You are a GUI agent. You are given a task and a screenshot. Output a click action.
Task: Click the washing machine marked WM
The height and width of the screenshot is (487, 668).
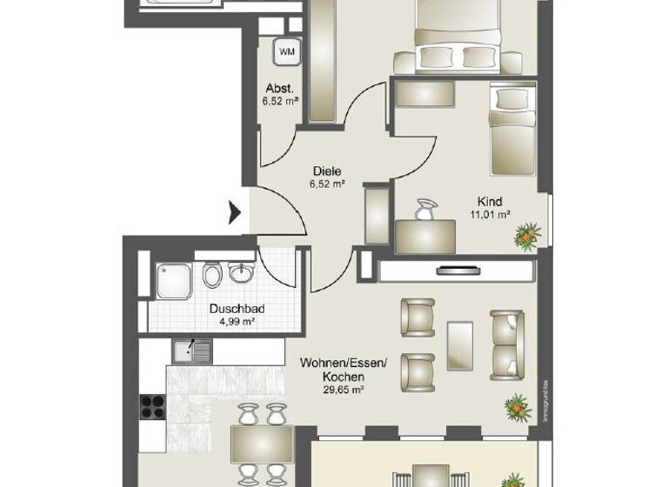(x=286, y=52)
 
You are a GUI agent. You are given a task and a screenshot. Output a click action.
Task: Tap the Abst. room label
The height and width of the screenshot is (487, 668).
(x=278, y=89)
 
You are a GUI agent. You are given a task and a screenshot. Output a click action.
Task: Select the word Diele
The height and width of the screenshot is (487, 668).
(x=327, y=171)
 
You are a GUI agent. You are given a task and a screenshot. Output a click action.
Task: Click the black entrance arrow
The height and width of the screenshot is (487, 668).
(x=234, y=211)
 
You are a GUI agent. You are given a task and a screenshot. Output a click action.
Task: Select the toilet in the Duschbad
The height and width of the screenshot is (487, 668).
(x=210, y=277)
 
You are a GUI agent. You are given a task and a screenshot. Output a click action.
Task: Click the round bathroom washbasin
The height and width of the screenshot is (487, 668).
(x=239, y=275)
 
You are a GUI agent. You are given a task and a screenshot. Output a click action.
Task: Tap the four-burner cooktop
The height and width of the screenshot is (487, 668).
(x=153, y=406)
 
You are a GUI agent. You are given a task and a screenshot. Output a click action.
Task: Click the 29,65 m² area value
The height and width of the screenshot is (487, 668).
(x=343, y=390)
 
